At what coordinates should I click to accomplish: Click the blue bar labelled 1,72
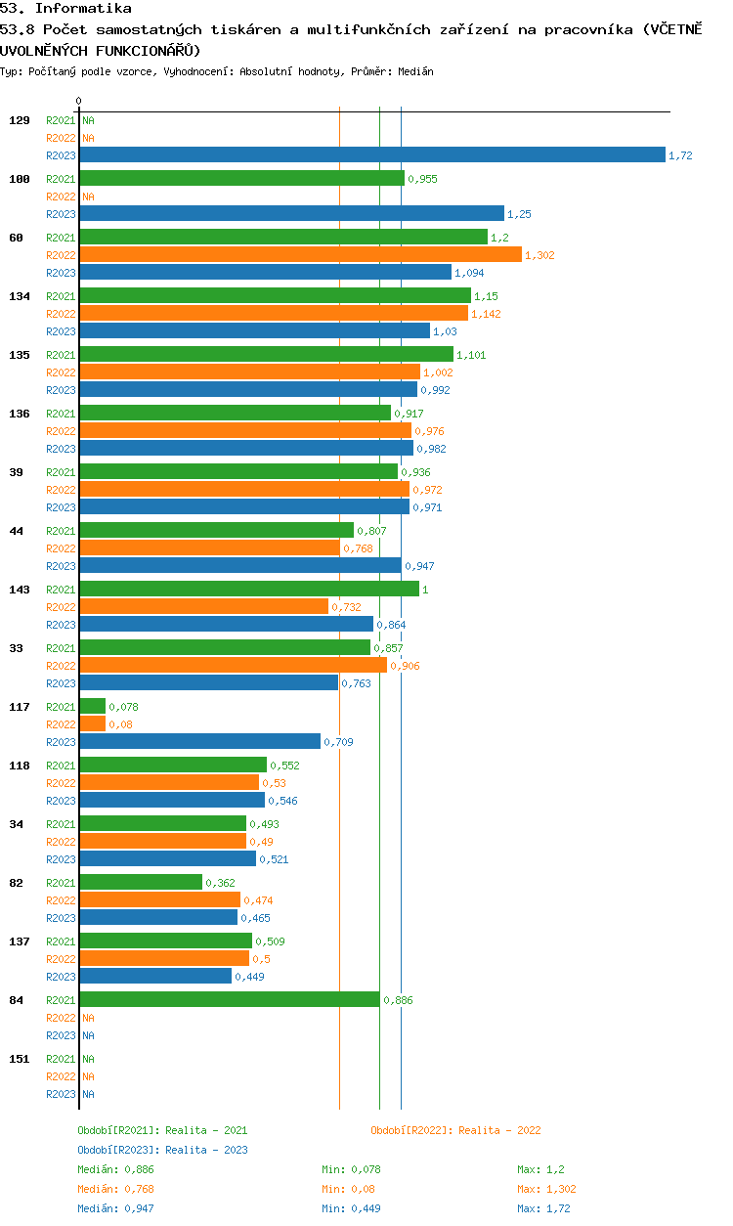(x=372, y=154)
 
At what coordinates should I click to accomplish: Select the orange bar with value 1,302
(x=301, y=254)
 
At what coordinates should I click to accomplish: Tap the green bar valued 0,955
(x=242, y=179)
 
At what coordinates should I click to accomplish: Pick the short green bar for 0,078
(x=93, y=706)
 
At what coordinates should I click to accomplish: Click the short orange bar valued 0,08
(x=93, y=723)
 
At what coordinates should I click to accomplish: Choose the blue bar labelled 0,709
(x=200, y=741)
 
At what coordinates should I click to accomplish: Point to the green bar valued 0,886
(x=230, y=999)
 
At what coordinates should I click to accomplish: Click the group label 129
(x=20, y=120)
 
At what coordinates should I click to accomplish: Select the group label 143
(x=20, y=590)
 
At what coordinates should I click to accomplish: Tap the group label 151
(x=20, y=1059)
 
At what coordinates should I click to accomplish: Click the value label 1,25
(x=519, y=214)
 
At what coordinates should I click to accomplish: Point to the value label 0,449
(x=249, y=977)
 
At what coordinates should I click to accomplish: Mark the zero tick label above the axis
(x=79, y=101)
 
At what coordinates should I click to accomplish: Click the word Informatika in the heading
(x=83, y=8)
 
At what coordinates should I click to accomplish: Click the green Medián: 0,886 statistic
(x=115, y=1169)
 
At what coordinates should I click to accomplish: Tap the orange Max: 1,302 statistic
(x=546, y=1189)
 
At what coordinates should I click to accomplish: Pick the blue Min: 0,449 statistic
(x=351, y=1208)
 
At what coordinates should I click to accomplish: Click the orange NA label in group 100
(x=88, y=197)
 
